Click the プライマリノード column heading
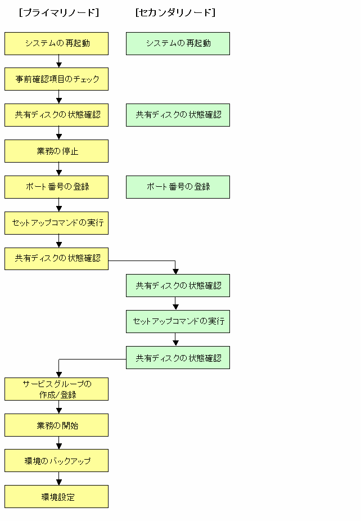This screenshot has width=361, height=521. coord(59,12)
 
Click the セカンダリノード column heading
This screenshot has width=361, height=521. coord(175,12)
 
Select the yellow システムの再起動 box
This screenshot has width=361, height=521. coord(56,43)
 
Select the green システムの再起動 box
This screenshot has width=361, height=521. coord(178,43)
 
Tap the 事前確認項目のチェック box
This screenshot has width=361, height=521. coord(56,79)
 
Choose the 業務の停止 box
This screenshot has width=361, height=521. coord(56,151)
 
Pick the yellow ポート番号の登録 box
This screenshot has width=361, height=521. coord(56,187)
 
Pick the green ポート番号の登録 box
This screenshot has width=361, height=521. coord(178,187)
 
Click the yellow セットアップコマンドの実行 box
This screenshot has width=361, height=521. coord(56,223)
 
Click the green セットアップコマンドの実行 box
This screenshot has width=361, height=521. coord(178,322)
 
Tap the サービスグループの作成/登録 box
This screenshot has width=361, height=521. coord(56,389)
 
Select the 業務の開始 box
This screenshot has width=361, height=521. coord(56,425)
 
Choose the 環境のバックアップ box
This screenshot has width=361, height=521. coord(56,461)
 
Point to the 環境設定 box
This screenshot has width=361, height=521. coord(56,496)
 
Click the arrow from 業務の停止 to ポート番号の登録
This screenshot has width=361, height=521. coord(59,169)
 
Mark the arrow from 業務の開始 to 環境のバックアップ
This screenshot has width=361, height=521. coord(59,443)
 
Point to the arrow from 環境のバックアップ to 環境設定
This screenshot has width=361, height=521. coord(59,478)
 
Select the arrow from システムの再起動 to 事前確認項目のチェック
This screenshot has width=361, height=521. coord(59,61)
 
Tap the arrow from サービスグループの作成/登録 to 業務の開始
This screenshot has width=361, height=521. coord(59,407)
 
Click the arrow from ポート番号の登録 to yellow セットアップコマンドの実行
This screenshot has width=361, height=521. coord(59,205)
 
